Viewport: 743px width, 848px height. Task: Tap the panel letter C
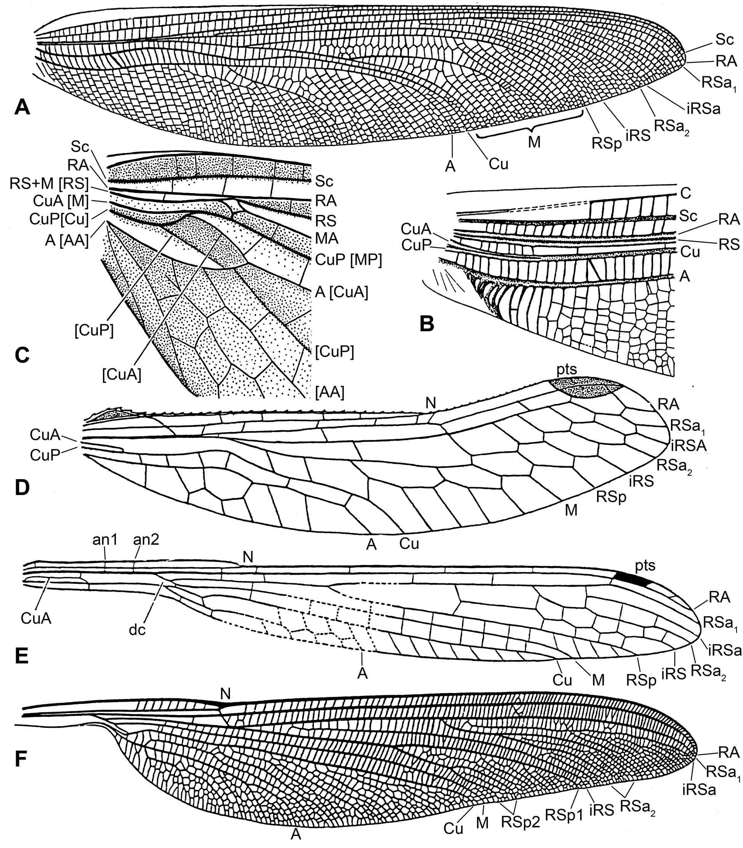[22, 355]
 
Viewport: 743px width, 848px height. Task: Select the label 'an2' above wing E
[146, 540]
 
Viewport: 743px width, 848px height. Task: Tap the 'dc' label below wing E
[137, 630]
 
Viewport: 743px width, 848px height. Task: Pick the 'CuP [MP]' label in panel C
[348, 260]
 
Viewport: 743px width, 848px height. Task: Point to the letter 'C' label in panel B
[686, 194]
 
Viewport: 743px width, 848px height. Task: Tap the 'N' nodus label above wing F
[226, 693]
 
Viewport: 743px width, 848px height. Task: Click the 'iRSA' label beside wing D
[688, 446]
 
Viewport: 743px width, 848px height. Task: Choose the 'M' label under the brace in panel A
[534, 142]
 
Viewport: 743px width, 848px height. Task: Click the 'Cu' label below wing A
[498, 164]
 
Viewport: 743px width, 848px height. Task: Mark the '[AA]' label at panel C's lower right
[330, 392]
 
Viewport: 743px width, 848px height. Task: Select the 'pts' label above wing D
[567, 369]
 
